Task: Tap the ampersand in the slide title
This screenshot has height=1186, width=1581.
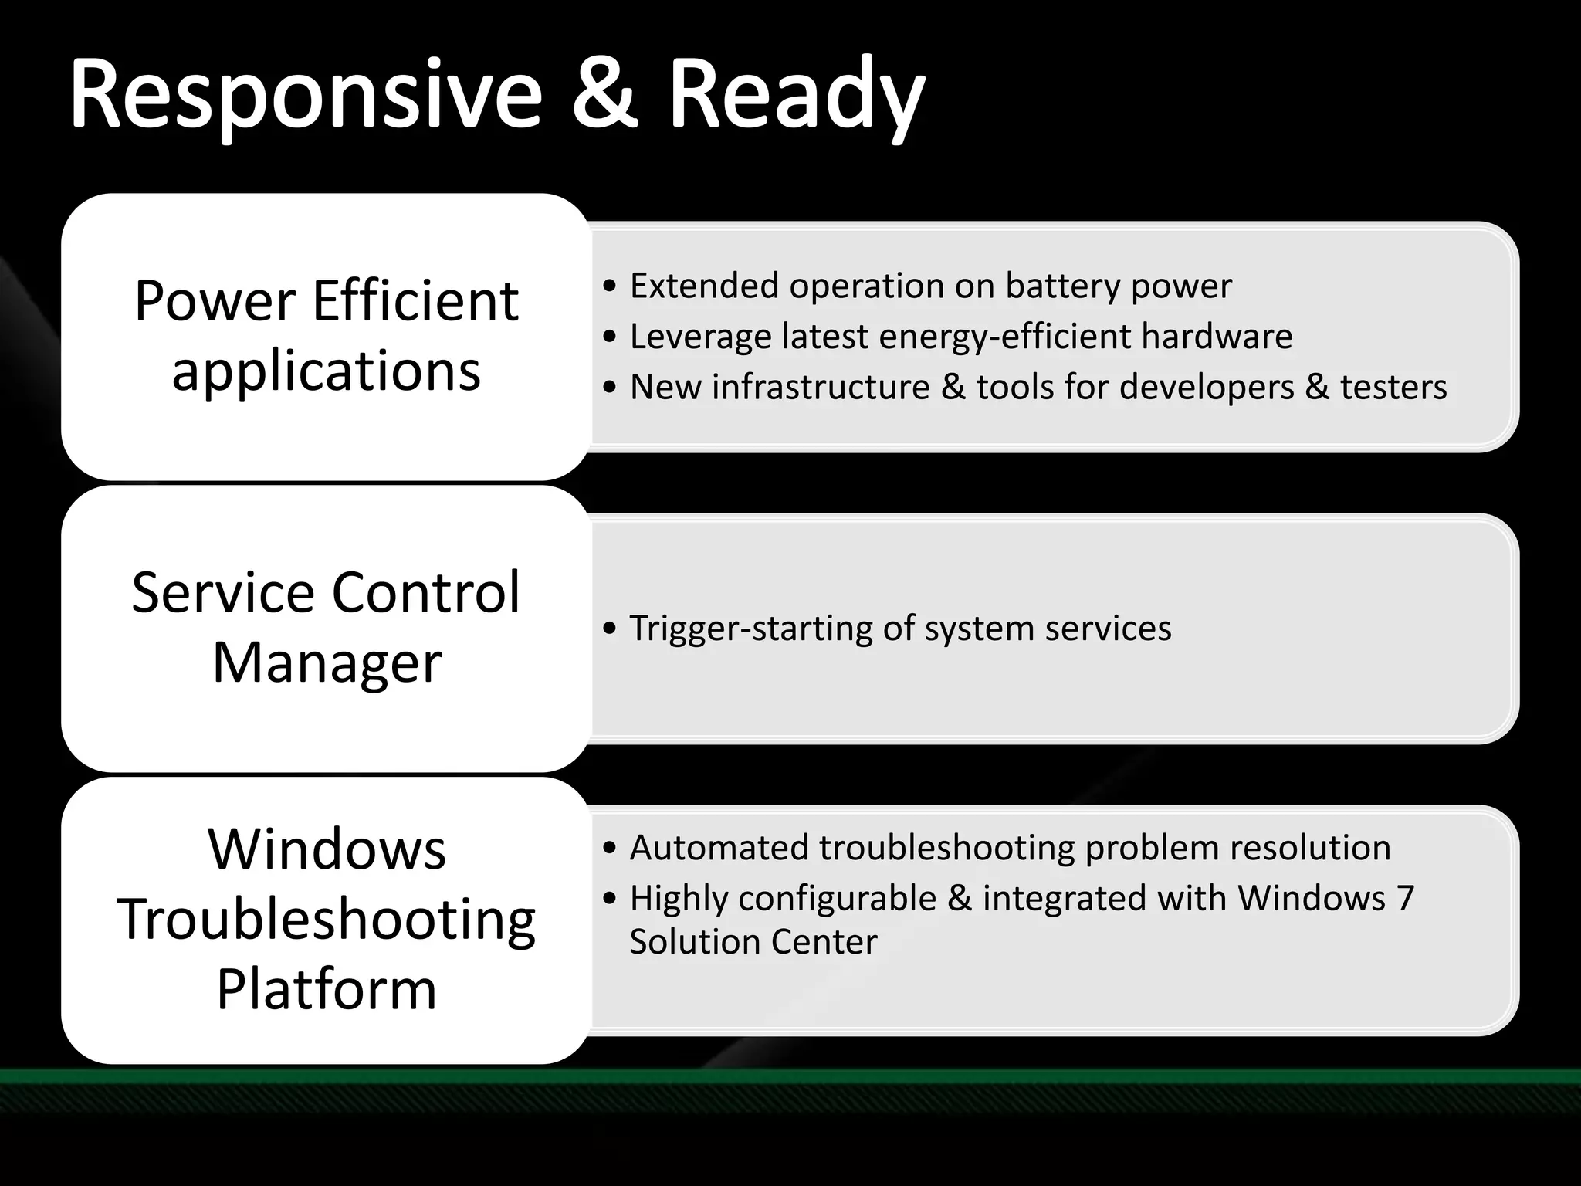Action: point(604,97)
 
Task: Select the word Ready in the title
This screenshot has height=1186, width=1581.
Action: point(795,97)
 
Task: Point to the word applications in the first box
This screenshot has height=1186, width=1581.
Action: point(326,371)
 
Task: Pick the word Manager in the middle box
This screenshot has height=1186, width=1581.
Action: point(327,663)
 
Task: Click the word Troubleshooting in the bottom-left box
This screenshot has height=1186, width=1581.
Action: point(327,920)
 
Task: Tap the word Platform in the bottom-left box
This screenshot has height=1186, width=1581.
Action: point(327,989)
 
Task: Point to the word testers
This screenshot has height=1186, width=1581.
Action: point(1393,387)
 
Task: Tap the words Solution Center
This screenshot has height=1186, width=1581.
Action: point(753,942)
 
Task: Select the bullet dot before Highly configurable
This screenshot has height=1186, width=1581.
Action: point(611,899)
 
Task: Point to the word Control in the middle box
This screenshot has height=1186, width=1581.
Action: point(425,593)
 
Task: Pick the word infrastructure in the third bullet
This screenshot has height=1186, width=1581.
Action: point(820,387)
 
